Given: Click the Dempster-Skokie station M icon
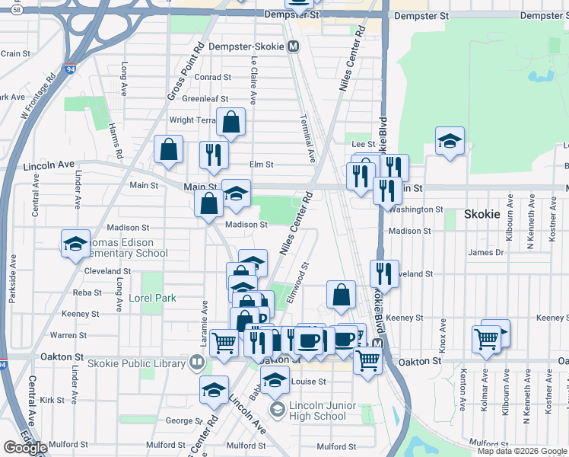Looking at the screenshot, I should [294, 46].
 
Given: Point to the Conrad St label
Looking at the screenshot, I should [212, 77].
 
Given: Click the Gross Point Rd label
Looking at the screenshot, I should [186, 72].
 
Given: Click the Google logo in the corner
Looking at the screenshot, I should [24, 447].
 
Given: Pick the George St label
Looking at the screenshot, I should [181, 419].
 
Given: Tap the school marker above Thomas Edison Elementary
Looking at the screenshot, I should [76, 244].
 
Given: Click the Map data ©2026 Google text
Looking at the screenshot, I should [522, 451].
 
